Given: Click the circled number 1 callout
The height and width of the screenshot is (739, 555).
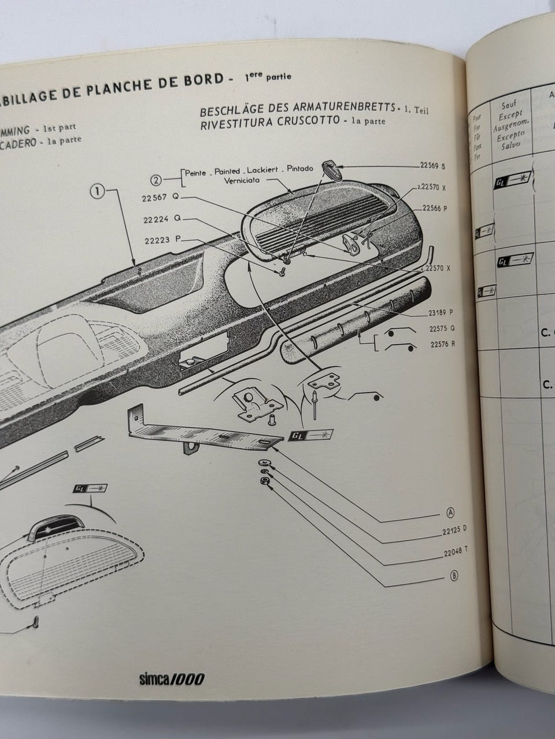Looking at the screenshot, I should (x=99, y=192).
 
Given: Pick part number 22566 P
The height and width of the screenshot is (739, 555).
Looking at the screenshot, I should (x=435, y=208).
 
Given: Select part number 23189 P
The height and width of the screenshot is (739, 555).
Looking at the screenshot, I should (x=440, y=312).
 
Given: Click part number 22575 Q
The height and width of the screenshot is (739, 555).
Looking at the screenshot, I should (x=442, y=328).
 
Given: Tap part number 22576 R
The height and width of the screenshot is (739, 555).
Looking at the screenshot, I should (x=442, y=344).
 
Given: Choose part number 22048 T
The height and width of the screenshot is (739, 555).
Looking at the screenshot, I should (x=451, y=553).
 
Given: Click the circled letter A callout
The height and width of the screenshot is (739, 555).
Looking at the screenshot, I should (x=451, y=512).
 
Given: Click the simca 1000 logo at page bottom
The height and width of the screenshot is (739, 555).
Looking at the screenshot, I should (x=172, y=679).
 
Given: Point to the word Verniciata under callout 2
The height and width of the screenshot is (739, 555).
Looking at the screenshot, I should (x=245, y=179).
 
